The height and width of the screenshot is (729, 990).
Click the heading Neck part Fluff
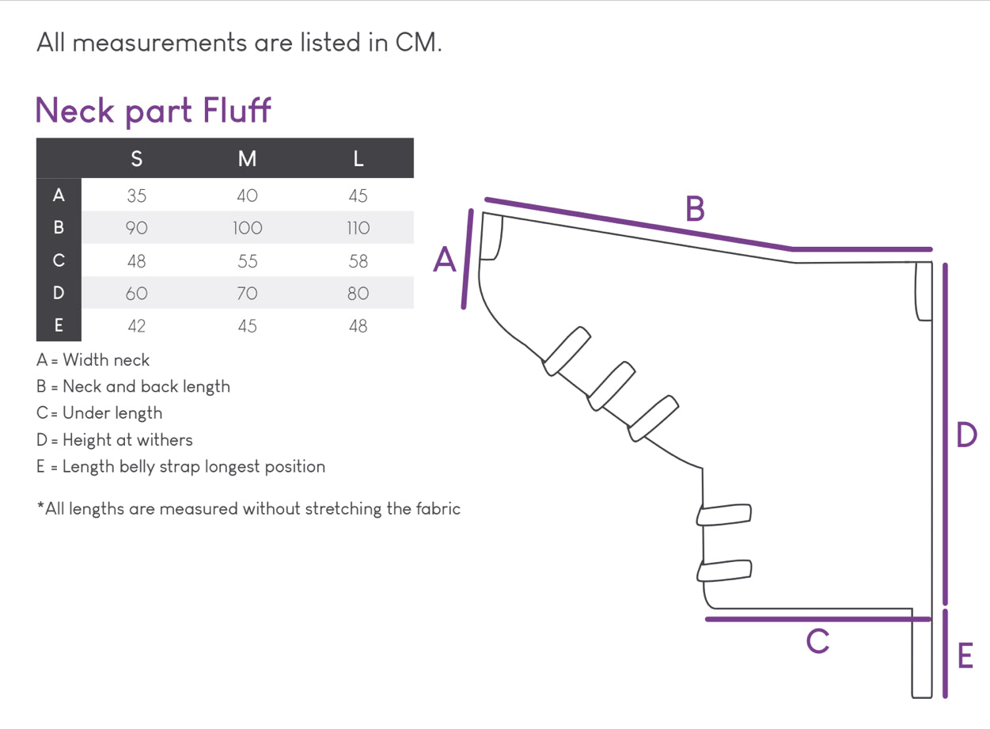point(153,110)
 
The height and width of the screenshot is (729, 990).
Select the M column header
point(247,159)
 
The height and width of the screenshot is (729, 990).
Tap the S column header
point(136,159)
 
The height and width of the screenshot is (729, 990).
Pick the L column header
point(358,159)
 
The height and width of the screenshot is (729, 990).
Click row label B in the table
point(59,228)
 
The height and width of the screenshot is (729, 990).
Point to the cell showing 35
point(136,196)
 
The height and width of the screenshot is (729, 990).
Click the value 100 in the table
point(247,228)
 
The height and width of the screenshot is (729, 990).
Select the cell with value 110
point(358,228)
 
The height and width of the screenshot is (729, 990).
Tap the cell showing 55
point(247,260)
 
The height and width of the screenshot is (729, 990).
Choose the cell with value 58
point(358,260)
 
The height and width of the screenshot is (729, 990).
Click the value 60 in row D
point(136,293)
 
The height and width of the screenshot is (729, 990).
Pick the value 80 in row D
point(358,293)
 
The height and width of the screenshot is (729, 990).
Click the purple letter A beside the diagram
point(445,260)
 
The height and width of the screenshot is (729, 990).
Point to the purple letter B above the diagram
point(694,209)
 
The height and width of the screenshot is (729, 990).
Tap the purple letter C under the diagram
point(817,641)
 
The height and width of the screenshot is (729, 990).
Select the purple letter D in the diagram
point(966,435)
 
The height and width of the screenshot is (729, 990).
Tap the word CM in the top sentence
point(417,43)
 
